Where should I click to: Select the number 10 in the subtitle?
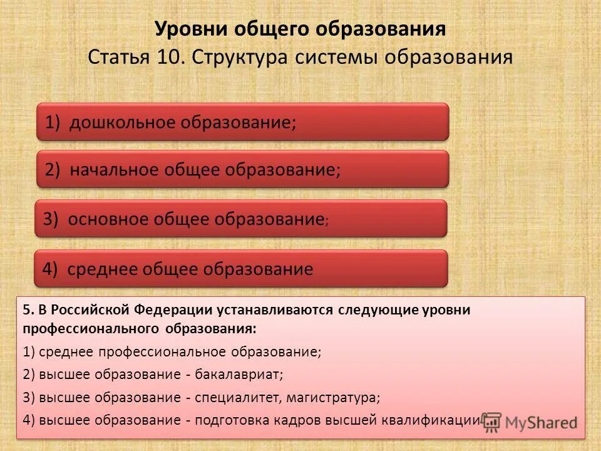click(x=166, y=58)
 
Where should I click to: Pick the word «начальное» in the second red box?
click(x=116, y=170)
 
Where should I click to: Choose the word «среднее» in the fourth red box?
click(x=102, y=269)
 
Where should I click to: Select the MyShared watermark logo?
click(x=530, y=422)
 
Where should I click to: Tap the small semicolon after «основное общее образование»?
click(x=326, y=222)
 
